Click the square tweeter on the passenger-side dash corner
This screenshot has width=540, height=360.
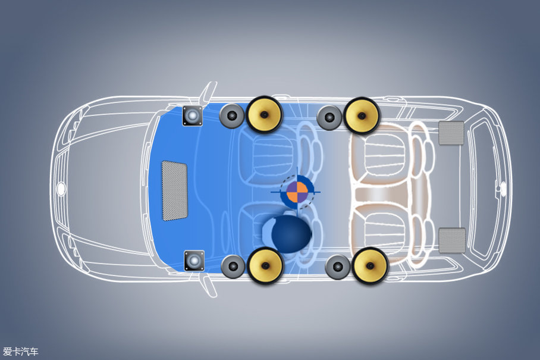click(x=192, y=116)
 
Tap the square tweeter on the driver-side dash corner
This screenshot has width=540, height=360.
click(x=194, y=261)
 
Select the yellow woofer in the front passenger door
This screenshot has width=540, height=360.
click(x=264, y=114)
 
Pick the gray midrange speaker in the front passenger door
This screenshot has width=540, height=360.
click(x=232, y=116)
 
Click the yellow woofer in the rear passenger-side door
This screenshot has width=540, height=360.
click(x=361, y=116)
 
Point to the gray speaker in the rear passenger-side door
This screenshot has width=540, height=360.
click(x=329, y=117)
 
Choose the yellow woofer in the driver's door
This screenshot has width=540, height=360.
click(x=265, y=265)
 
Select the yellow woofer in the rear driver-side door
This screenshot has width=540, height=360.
click(x=370, y=265)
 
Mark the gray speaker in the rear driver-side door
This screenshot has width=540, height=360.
click(x=338, y=267)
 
